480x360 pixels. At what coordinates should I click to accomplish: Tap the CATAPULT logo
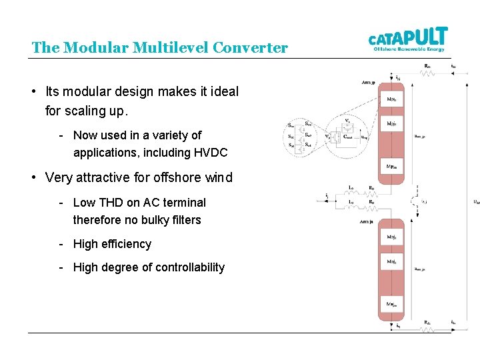point(409,39)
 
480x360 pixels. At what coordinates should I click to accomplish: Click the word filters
point(185,220)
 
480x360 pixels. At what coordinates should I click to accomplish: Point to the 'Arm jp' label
point(367,80)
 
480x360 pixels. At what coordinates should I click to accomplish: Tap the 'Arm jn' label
point(367,221)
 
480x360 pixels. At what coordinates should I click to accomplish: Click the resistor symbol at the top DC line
point(427,72)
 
